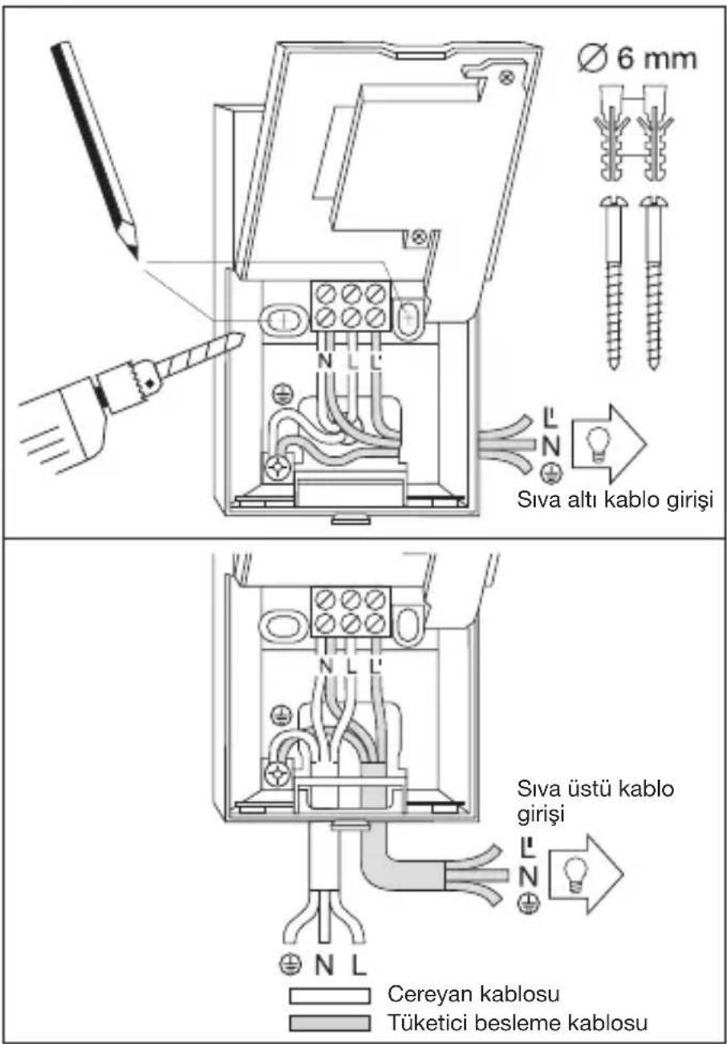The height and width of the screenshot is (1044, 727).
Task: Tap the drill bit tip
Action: tap(244, 334)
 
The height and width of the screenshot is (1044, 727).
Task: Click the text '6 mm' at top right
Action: tap(657, 59)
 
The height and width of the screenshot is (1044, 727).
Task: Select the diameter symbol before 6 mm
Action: tap(595, 59)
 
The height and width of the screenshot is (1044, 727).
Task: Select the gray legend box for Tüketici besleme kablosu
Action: tap(330, 1023)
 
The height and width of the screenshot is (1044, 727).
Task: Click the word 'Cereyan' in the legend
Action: tap(429, 994)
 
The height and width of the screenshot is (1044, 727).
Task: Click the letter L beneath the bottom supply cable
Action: tap(358, 964)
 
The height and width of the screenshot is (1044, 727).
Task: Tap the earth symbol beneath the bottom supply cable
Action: tap(291, 965)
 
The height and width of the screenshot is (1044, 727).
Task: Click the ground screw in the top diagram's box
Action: tap(278, 468)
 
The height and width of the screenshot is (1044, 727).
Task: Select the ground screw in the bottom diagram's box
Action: tap(278, 774)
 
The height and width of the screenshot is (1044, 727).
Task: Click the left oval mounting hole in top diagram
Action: tap(283, 320)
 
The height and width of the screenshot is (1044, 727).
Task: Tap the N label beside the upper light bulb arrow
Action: tap(550, 446)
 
